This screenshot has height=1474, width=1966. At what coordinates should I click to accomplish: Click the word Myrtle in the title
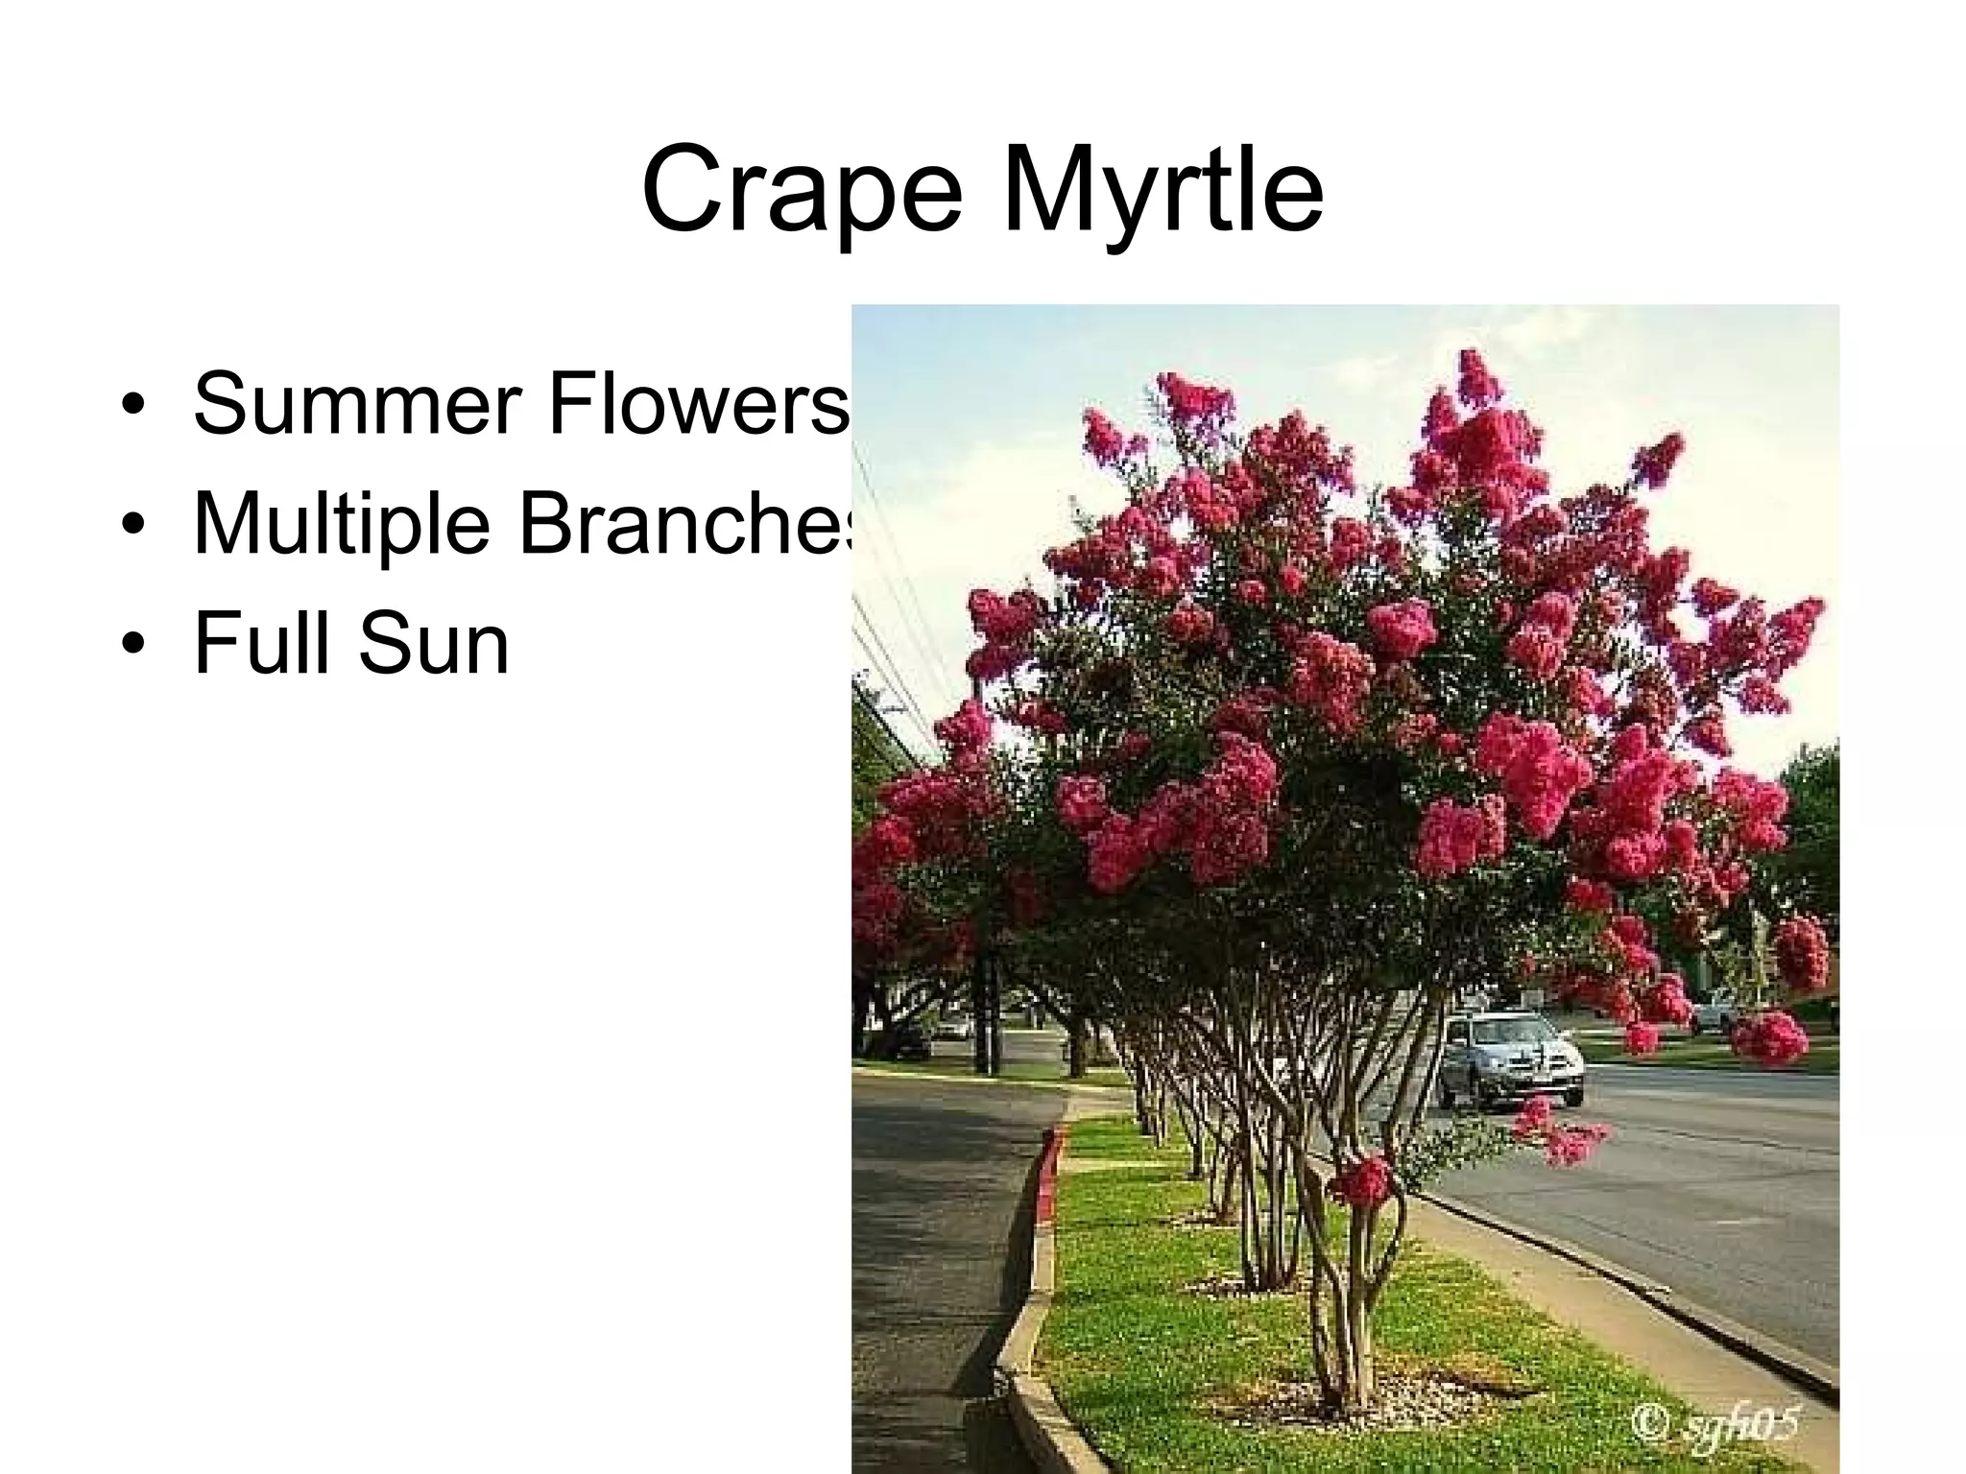tap(1163, 191)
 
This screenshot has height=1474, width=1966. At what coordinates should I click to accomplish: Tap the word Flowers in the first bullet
tap(699, 403)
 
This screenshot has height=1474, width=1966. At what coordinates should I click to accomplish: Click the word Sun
tap(433, 645)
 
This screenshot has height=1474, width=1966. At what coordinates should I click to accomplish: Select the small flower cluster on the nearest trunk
tap(1361, 1180)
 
